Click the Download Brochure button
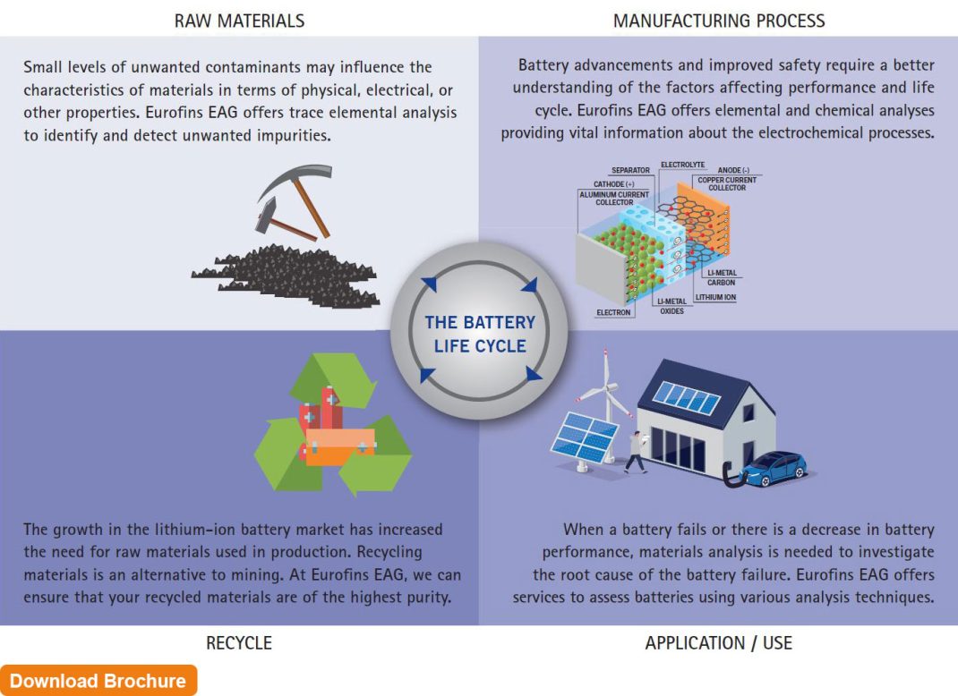(x=98, y=681)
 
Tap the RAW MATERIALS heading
(x=239, y=21)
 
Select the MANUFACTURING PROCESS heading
(x=719, y=21)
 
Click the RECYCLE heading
(x=239, y=642)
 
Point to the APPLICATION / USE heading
(x=719, y=642)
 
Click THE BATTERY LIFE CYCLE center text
(x=479, y=334)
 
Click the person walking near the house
(x=636, y=453)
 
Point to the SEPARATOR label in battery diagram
(x=630, y=170)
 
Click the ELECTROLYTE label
(x=684, y=166)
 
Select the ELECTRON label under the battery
(x=615, y=313)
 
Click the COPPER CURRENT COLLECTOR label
(x=727, y=183)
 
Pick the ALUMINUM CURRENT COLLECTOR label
(x=614, y=199)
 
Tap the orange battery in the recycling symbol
(x=340, y=442)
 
